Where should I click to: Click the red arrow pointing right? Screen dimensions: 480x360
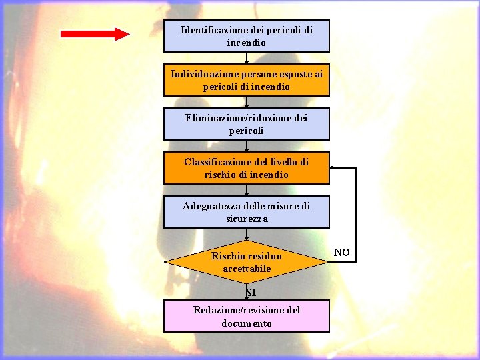95,34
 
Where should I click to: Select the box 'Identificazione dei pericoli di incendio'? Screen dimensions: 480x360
247,36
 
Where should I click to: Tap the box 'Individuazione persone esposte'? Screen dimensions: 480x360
247,80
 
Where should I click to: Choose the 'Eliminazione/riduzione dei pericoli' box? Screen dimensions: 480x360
247,124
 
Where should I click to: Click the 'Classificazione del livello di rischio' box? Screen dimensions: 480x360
247,168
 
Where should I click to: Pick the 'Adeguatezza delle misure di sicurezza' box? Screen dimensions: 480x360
247,212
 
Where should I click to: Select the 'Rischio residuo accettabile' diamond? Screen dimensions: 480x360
247,262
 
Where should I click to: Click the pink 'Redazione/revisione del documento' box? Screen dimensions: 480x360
247,316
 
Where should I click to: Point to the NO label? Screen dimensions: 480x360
341,253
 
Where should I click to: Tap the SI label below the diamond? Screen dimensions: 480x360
250,293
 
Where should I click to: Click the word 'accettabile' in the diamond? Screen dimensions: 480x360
247,269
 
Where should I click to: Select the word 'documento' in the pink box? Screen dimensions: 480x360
247,323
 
